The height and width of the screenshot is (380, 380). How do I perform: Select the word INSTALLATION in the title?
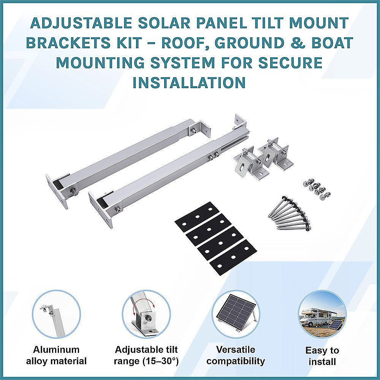click(x=189, y=82)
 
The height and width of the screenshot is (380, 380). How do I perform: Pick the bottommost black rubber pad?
click(x=233, y=258)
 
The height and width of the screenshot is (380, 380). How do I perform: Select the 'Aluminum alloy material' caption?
click(x=56, y=355)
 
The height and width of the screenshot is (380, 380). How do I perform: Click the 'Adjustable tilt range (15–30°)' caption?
click(x=146, y=355)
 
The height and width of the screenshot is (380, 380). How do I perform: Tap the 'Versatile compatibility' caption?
click(x=236, y=355)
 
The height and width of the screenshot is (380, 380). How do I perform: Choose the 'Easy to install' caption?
click(x=322, y=356)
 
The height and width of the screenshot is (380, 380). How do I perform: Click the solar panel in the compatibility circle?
click(x=235, y=313)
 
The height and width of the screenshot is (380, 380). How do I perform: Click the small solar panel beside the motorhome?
click(x=335, y=326)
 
